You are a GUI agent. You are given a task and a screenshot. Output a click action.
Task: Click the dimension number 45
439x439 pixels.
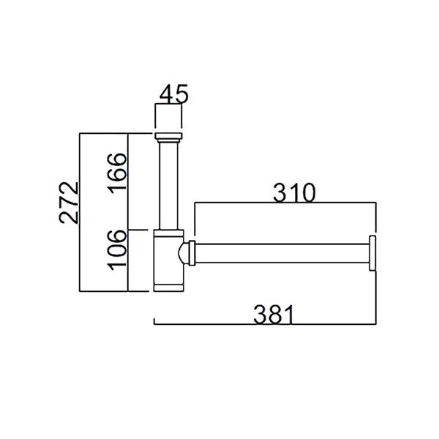tap(173, 94)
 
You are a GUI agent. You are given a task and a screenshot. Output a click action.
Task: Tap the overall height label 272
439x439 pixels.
tap(69, 203)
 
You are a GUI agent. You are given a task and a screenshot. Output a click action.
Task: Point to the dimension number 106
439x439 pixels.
tap(117, 250)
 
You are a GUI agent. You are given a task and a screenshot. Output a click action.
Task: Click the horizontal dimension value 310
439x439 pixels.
tap(294, 192)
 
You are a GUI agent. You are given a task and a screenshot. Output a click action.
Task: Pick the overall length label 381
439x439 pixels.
tap(274, 315)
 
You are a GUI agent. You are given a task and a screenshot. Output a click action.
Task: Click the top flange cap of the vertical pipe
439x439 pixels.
tap(168, 136)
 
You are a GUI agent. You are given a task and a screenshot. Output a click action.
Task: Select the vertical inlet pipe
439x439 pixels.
tap(168, 186)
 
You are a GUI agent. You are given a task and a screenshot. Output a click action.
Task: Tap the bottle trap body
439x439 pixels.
tap(168, 260)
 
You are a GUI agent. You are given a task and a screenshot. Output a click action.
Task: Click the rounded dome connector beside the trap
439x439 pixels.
tap(184, 253)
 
